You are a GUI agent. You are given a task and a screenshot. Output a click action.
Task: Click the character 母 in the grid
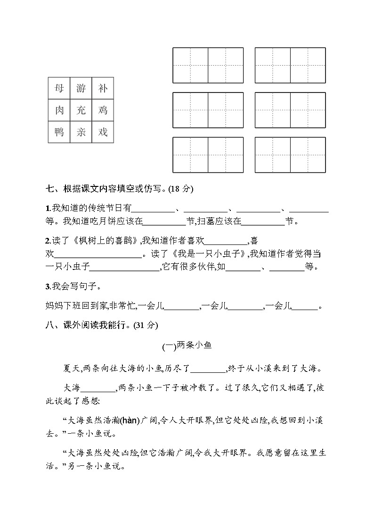59,88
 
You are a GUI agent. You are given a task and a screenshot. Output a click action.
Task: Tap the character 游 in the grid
81,88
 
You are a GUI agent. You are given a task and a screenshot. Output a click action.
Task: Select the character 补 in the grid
103,88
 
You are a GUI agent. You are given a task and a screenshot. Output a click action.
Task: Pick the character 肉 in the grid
59,110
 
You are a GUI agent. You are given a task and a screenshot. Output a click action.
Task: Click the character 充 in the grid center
81,110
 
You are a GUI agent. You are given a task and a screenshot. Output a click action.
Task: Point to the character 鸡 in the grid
103,110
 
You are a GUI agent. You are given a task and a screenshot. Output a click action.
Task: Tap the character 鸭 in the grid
59,133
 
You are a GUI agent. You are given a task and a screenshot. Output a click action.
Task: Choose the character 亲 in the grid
81,133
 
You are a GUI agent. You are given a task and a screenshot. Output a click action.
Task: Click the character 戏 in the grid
103,133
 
